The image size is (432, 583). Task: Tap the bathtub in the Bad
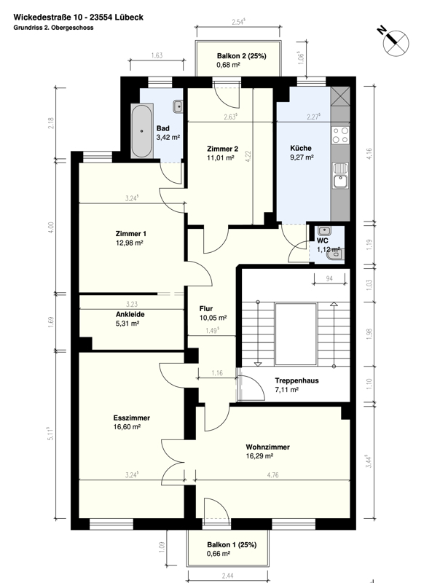[x=141, y=130]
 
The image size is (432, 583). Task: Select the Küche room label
[x=300, y=146]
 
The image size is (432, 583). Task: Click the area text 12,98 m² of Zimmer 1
[x=129, y=243]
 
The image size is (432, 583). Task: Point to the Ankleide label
[x=130, y=315]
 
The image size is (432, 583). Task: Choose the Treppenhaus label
[x=296, y=380]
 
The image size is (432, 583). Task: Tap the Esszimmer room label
[x=131, y=418]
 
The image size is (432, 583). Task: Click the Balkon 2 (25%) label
[x=241, y=56]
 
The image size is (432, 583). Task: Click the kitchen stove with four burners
[x=339, y=135]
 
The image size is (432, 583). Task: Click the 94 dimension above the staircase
[x=329, y=278]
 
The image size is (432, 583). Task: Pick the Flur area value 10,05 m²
[x=213, y=318]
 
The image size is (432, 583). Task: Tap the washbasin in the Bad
[x=177, y=107]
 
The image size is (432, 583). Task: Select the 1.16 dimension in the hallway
[x=216, y=373]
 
